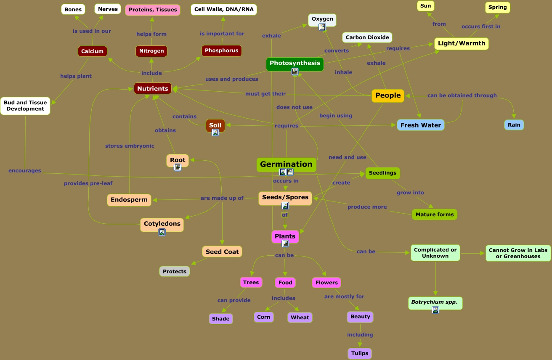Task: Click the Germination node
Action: click(286, 164)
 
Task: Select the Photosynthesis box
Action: click(295, 63)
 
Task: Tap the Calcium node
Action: click(92, 51)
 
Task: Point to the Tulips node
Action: click(360, 353)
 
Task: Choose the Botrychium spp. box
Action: click(435, 302)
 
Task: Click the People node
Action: click(388, 95)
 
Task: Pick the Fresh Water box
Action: click(420, 125)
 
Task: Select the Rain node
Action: click(514, 125)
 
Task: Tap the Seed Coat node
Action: click(222, 252)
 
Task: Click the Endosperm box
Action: click(129, 200)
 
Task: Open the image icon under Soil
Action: click(215, 132)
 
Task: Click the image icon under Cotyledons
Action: click(162, 232)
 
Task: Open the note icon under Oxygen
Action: click(322, 27)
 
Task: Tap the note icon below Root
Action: click(178, 167)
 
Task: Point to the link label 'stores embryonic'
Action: click(130, 146)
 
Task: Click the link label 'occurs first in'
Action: click(481, 26)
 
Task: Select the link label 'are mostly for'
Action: click(344, 296)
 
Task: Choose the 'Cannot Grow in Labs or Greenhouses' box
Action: click(518, 253)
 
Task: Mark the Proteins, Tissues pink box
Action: click(153, 10)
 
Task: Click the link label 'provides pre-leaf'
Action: click(88, 183)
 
